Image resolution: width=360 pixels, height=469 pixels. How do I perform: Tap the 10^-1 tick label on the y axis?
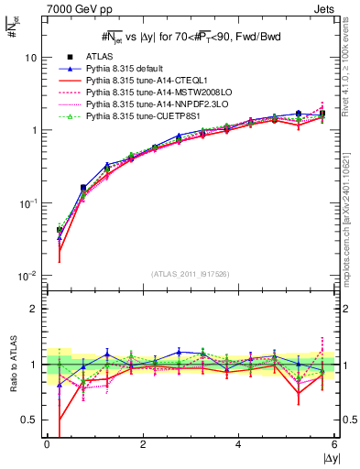28,202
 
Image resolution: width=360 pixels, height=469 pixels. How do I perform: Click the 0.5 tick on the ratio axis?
29,420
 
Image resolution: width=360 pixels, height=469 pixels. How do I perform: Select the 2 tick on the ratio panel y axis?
35,309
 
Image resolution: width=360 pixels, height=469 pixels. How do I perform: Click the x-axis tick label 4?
239,445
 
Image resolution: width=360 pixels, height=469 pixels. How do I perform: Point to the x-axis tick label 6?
334,445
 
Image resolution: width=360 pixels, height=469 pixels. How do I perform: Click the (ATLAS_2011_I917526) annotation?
191,275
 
